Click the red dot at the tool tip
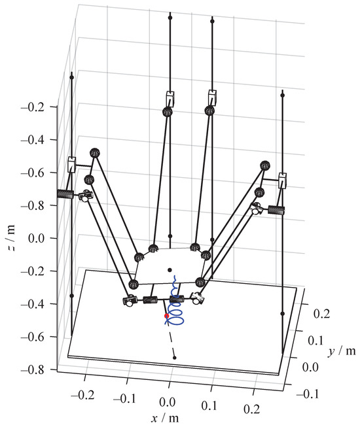166,316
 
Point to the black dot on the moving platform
170,270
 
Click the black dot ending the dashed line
174,358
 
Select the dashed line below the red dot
171,337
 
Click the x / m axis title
165,418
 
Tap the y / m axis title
342,351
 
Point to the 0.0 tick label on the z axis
37,238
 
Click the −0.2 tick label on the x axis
82,394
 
